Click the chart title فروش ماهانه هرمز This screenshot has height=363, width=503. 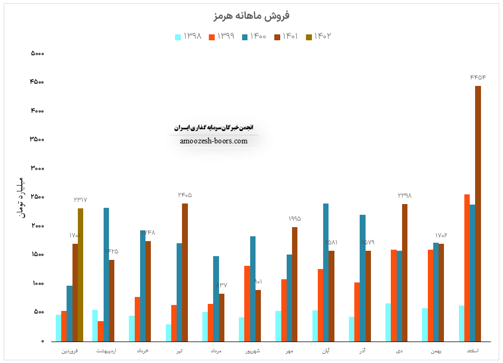[x=251, y=15]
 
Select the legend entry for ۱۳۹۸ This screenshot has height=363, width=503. [x=188, y=37]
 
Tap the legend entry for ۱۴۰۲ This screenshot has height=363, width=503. [x=318, y=37]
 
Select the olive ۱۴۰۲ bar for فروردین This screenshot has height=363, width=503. [x=81, y=274]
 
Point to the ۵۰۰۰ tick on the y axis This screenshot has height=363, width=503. [x=37, y=54]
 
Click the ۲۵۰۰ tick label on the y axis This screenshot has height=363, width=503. [x=37, y=197]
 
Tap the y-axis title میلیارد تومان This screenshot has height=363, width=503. [x=21, y=197]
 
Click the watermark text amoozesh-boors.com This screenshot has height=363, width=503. [x=214, y=141]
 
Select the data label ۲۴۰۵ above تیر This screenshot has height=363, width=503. [x=185, y=195]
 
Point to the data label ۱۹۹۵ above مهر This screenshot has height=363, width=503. [x=295, y=219]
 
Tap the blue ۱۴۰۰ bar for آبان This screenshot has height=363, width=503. [x=326, y=272]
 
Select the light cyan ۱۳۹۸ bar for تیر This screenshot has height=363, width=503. [x=169, y=332]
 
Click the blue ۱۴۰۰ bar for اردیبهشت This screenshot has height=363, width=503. [x=106, y=274]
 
